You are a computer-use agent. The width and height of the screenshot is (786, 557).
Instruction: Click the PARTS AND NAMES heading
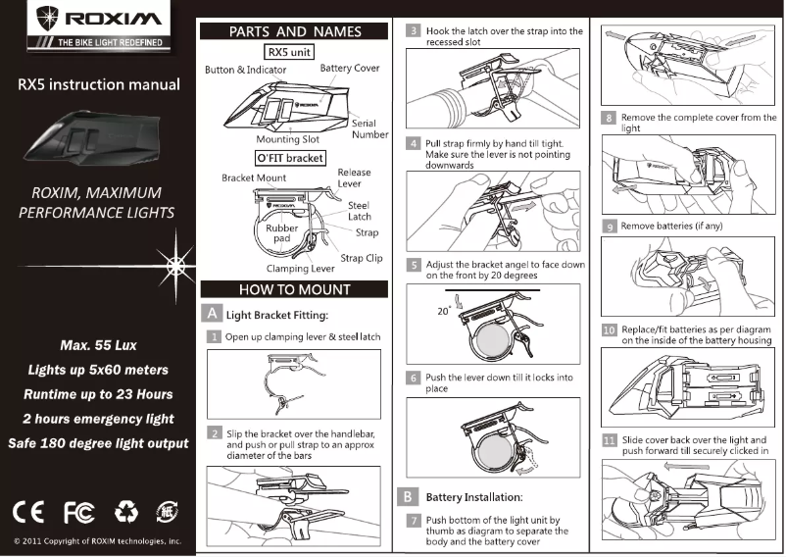click(x=295, y=31)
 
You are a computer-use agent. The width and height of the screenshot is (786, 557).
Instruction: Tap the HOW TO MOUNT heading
click(x=295, y=289)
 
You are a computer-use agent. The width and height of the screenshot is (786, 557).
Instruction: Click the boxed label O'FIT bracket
click(x=289, y=157)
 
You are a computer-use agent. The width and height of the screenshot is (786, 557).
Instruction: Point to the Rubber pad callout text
click(x=281, y=233)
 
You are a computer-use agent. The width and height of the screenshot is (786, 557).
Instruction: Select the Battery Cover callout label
click(x=350, y=69)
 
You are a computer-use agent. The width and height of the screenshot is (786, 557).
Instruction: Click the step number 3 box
click(x=416, y=31)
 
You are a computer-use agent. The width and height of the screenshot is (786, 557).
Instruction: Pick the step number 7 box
click(x=416, y=520)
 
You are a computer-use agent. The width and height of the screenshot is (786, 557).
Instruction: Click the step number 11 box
click(x=610, y=440)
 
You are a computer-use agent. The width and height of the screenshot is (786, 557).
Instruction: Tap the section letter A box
click(x=212, y=314)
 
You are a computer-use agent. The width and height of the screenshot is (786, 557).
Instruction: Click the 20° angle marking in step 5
click(x=444, y=310)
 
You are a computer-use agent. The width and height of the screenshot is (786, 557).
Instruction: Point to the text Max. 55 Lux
click(x=97, y=346)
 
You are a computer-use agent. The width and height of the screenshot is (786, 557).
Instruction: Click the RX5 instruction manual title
click(x=97, y=84)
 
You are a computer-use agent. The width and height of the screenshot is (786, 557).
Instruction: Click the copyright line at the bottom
click(x=97, y=540)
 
